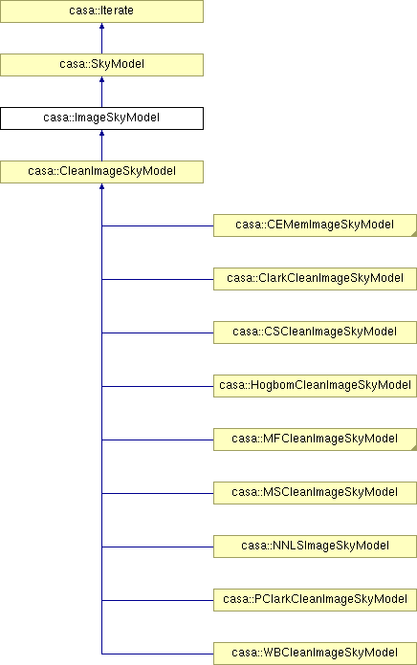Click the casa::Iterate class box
(x=102, y=11)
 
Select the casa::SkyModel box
(x=102, y=65)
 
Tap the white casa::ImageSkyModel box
(x=102, y=118)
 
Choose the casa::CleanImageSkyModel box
(x=102, y=172)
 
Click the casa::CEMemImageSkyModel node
(x=315, y=225)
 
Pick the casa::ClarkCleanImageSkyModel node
(x=315, y=279)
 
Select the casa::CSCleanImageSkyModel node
(x=315, y=332)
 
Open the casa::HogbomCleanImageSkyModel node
(x=315, y=385)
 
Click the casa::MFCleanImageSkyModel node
(x=315, y=439)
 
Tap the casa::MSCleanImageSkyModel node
(x=315, y=492)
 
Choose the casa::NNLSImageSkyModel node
(x=315, y=546)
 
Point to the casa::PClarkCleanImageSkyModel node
(x=315, y=599)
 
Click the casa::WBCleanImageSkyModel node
(x=315, y=654)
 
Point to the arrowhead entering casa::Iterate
(x=102, y=27)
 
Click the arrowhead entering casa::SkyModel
(x=102, y=79)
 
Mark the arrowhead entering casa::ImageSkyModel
(x=102, y=133)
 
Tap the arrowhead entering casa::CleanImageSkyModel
(x=102, y=186)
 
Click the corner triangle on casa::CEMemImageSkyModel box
(x=414, y=234)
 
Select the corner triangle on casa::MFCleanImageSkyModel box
(x=414, y=448)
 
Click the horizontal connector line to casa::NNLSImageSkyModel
(x=158, y=547)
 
